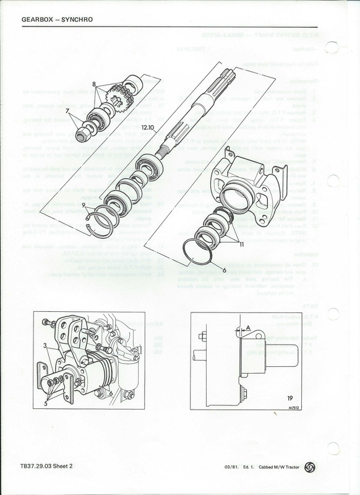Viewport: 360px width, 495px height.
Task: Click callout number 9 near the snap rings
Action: [101, 204]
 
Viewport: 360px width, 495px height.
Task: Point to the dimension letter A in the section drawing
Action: [248, 327]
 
